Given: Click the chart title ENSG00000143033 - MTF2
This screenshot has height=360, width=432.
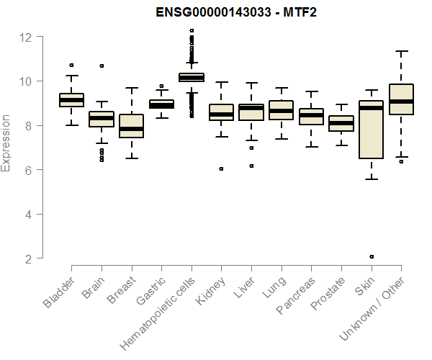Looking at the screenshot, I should coord(236,12).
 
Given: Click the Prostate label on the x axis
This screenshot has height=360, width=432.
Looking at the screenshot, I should coord(326,294).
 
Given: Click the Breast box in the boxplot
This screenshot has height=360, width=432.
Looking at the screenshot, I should coord(131,126).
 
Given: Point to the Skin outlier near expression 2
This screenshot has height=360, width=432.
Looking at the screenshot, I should coord(371,256).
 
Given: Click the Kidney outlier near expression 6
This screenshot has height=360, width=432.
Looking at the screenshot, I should coord(221,169).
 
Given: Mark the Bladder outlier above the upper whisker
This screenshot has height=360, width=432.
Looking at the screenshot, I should coord(71,66).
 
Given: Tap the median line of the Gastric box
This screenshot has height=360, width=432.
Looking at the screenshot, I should coord(161,105).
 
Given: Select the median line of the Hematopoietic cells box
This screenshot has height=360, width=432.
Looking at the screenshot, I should coord(191,77).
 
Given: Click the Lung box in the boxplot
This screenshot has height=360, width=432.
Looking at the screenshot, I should coord(281,110).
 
